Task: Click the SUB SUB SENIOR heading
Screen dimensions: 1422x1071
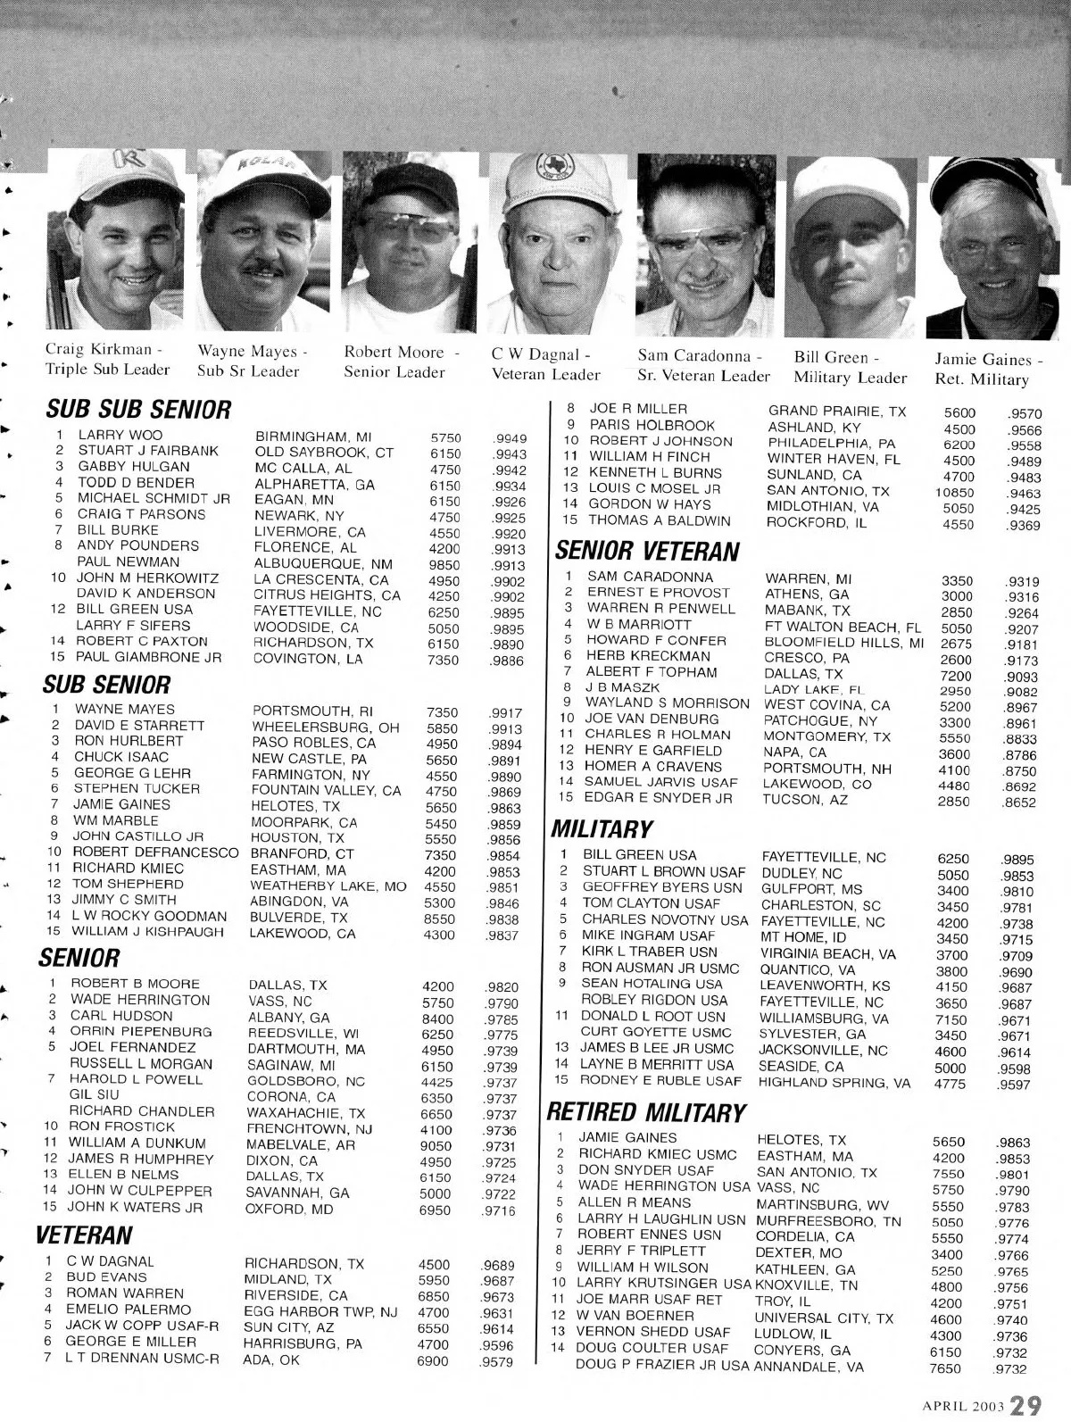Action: click(x=138, y=411)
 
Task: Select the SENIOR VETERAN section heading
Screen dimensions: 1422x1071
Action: click(x=649, y=552)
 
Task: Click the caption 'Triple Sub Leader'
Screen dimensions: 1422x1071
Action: click(x=107, y=370)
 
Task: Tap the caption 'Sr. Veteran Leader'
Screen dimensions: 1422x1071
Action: click(x=704, y=376)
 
